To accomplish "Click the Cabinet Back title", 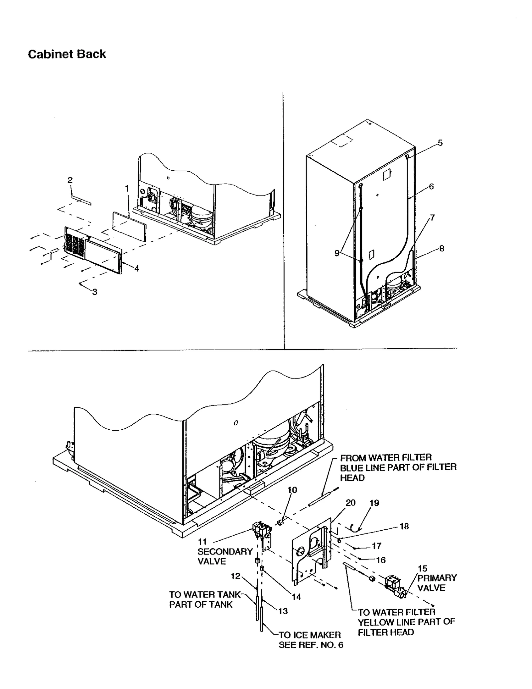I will [x=67, y=54].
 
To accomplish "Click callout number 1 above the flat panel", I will [x=127, y=188].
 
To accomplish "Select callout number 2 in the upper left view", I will [x=70, y=180].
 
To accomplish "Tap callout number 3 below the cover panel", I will [x=95, y=292].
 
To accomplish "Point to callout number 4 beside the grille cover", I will [x=137, y=268].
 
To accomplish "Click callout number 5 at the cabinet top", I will [x=440, y=143].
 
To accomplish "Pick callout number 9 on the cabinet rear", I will [x=337, y=253].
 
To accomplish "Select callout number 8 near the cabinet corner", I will [x=442, y=248].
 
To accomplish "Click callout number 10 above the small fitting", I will [x=292, y=490].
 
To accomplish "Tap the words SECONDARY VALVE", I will [x=225, y=556].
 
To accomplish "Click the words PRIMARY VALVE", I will [x=437, y=582].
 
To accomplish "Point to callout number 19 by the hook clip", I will [x=374, y=503].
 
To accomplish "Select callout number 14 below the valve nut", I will [x=296, y=597].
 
